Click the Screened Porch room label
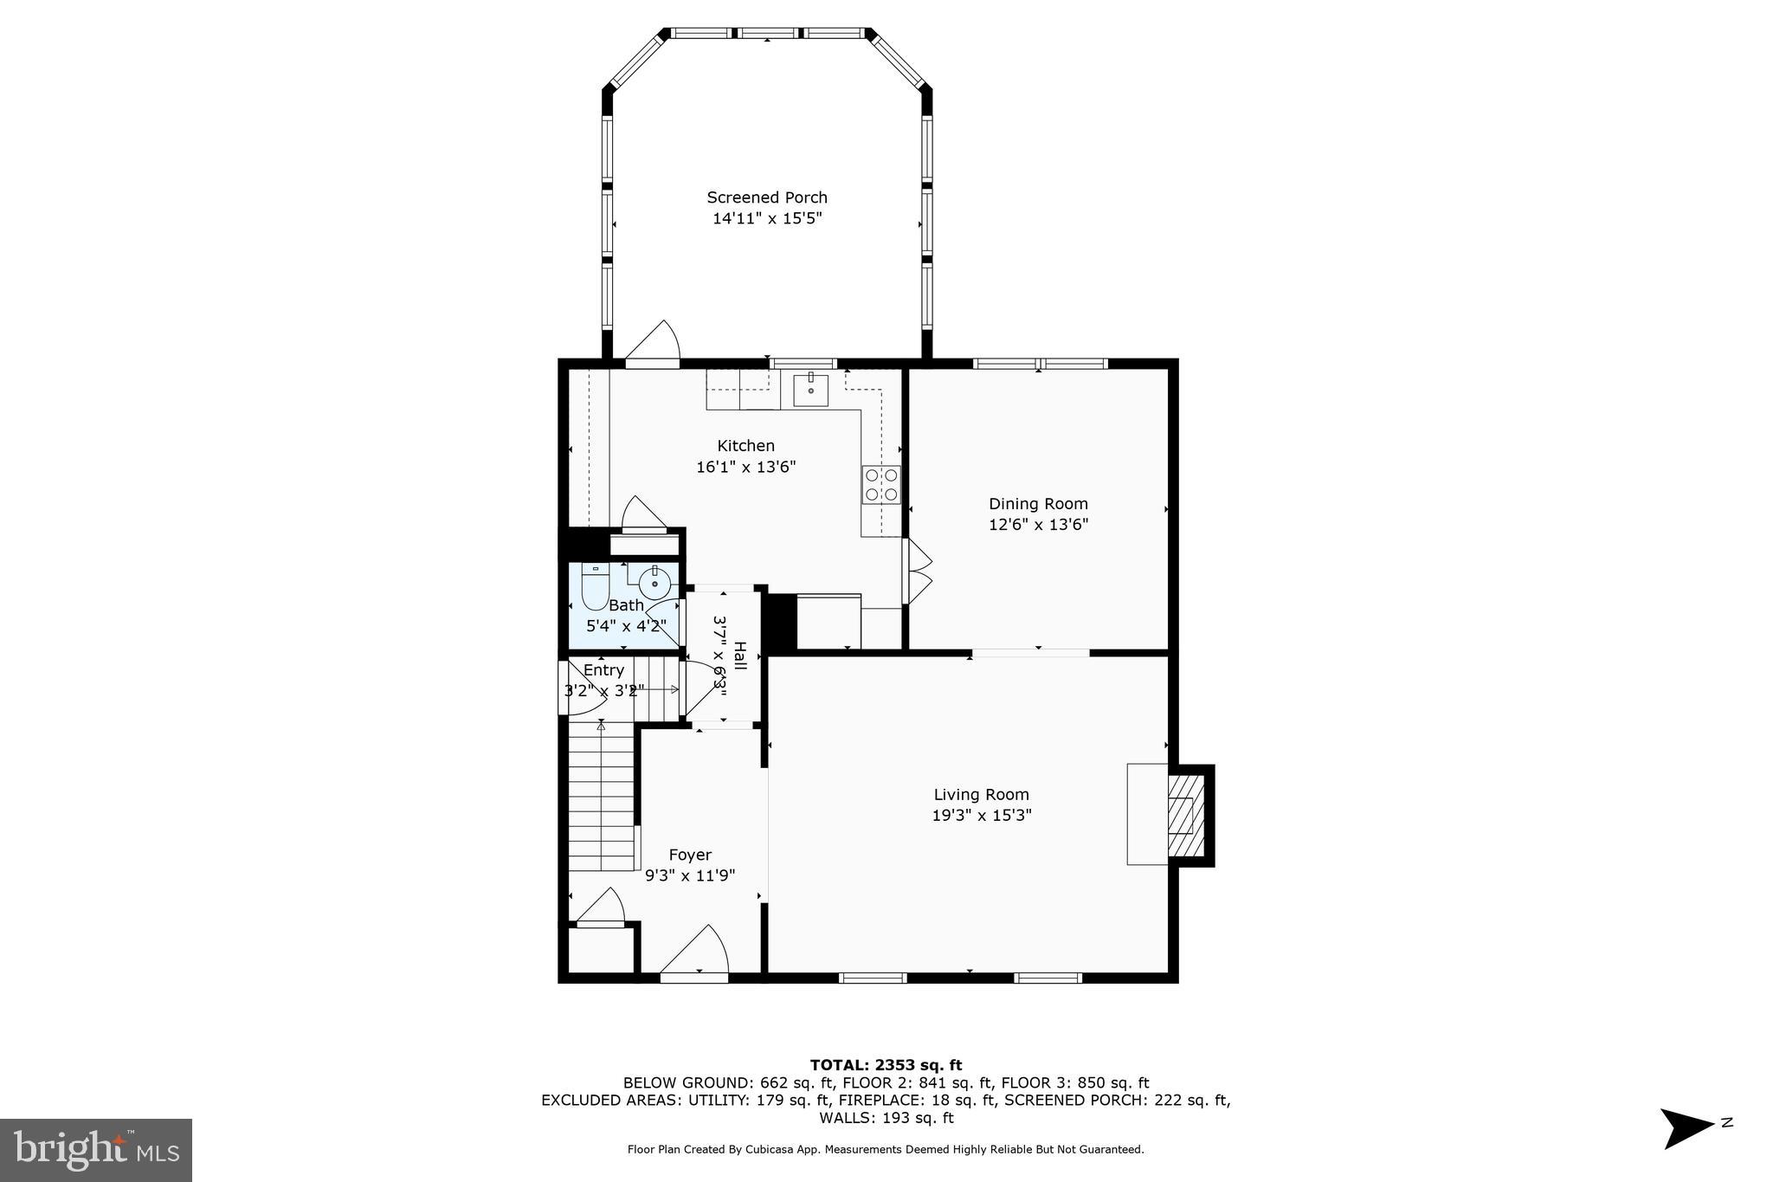coord(766,197)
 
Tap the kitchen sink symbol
coord(811,390)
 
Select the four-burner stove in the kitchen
coord(881,485)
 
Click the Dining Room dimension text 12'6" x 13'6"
coord(1038,524)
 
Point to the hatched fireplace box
coord(1184,815)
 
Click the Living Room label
coord(981,794)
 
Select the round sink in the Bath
coord(654,582)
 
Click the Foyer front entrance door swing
coord(698,953)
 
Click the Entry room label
coord(603,670)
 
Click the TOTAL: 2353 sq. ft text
coord(886,1065)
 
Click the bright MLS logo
coord(96,1150)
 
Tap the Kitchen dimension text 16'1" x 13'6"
coord(745,468)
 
